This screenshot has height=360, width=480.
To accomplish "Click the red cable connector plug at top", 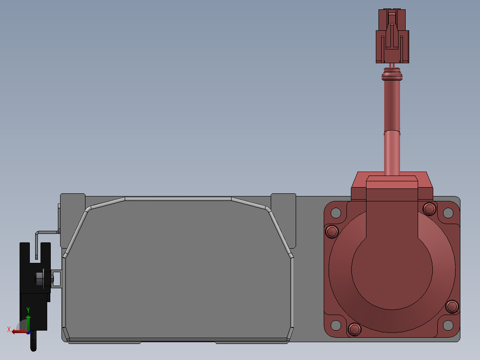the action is (392, 36).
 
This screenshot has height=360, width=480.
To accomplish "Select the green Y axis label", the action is (28, 310).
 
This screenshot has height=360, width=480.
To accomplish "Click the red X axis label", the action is (9, 329).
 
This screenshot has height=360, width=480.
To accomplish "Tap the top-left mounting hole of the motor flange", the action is (336, 213).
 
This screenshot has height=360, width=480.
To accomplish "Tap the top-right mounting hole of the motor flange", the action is (448, 213).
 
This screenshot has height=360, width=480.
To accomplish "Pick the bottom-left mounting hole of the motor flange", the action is (336, 325).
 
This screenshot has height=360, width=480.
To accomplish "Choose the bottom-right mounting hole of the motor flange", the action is (448, 325).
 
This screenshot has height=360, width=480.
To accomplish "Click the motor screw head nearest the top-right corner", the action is (430, 209).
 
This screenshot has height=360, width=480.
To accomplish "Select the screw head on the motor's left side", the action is (332, 231).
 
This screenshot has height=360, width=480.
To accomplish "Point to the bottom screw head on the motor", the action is (354, 329).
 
